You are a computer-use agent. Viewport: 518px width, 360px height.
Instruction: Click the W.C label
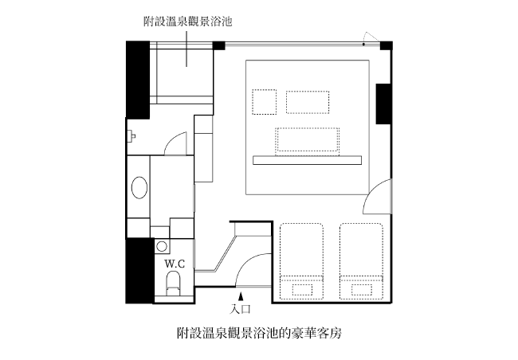(x=175, y=264)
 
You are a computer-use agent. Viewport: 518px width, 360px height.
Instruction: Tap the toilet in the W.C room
(x=174, y=284)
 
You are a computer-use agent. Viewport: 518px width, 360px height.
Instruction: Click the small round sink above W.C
(x=162, y=246)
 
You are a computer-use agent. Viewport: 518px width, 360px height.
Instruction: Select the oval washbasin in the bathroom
(x=139, y=188)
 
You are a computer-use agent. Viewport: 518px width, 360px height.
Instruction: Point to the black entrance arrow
(x=241, y=296)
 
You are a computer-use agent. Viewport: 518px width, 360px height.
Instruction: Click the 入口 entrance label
(x=241, y=309)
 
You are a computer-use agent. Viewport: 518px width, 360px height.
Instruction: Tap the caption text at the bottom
(x=259, y=333)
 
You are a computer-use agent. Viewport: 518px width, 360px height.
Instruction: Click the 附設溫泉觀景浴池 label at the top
(x=187, y=22)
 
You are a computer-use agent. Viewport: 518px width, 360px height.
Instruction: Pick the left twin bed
(x=301, y=261)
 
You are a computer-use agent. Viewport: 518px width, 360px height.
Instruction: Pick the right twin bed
(x=362, y=261)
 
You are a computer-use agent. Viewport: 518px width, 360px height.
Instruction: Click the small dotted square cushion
(x=265, y=102)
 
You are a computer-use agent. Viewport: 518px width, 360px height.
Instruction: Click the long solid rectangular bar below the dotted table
(x=308, y=160)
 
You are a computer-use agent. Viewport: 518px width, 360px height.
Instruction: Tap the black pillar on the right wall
(x=384, y=104)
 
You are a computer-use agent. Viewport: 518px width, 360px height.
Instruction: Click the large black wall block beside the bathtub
(x=138, y=80)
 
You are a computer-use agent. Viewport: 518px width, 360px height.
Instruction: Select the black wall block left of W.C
(x=139, y=271)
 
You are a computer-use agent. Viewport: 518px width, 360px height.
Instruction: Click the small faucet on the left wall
(x=131, y=135)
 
